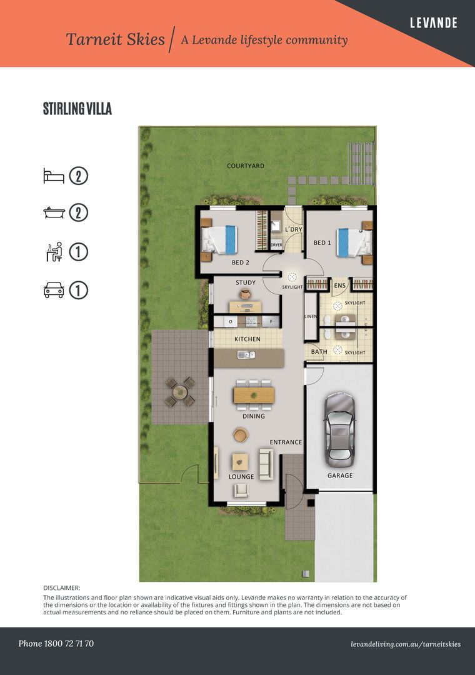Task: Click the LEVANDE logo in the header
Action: click(x=433, y=23)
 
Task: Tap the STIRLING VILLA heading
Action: click(x=77, y=109)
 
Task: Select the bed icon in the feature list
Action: click(x=54, y=176)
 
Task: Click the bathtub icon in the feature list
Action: click(x=54, y=212)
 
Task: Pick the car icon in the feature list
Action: click(x=54, y=290)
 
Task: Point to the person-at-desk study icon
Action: click(x=54, y=252)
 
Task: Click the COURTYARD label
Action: click(x=246, y=166)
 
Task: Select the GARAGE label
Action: click(x=340, y=475)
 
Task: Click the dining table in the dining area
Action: click(x=254, y=395)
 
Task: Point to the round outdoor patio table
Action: click(x=180, y=392)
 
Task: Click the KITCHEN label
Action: click(x=247, y=339)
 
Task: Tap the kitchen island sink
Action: click(x=246, y=355)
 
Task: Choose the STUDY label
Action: click(x=246, y=282)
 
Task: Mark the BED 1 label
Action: click(x=322, y=242)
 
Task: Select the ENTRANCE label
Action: click(x=286, y=442)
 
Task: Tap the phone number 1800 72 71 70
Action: click(x=69, y=644)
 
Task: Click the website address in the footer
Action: click(x=406, y=644)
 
